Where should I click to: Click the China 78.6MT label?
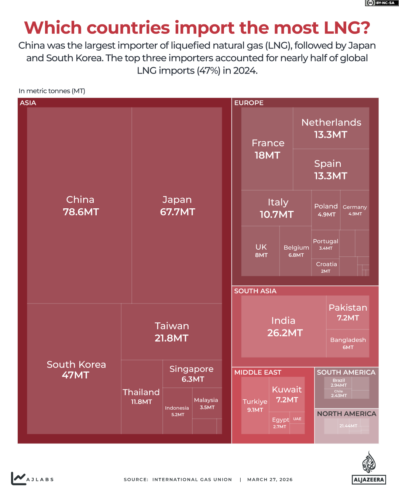80,206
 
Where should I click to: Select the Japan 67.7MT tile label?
177,206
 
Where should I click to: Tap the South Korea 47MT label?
76,369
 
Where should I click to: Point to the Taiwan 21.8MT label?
172,332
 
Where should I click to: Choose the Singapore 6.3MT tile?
192,374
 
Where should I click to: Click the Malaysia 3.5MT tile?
206,403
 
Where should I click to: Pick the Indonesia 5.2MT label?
177,411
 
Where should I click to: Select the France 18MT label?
268,149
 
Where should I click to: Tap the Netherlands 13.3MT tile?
331,128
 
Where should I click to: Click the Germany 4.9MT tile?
355,210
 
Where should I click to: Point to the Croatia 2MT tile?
326,267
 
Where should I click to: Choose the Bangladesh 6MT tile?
348,343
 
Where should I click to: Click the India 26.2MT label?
284,327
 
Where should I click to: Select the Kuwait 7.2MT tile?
287,394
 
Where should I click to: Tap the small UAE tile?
297,419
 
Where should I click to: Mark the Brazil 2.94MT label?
338,383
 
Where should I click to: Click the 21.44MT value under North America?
348,426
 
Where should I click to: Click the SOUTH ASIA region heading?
255,291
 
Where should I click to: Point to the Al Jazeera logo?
369,468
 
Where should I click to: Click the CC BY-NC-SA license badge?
382,3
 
